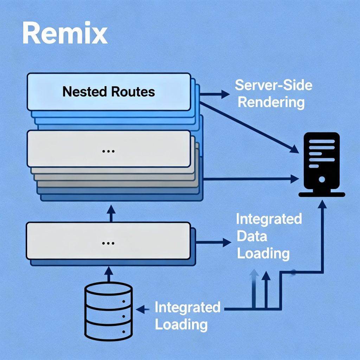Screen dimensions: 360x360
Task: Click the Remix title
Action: [65, 34]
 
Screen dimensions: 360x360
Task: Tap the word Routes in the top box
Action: [133, 92]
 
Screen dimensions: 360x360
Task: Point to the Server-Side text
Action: [274, 85]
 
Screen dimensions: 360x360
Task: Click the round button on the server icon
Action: [321, 179]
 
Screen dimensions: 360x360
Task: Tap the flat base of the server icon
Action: [321, 194]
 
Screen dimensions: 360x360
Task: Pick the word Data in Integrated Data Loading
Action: [252, 236]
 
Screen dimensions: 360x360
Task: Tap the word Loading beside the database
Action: [181, 324]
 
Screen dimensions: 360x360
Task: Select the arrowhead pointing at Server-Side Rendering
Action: [225, 94]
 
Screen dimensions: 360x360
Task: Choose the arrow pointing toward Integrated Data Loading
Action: [214, 242]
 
